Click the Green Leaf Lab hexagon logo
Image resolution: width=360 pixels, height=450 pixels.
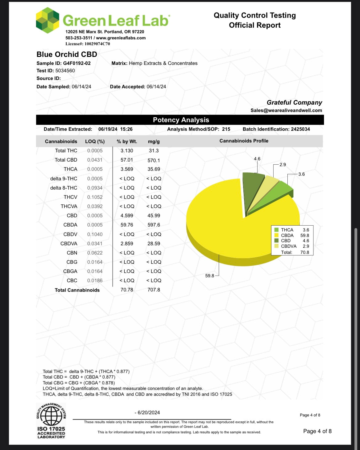[x=48, y=20]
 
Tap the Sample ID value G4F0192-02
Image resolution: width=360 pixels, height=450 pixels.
[x=77, y=63]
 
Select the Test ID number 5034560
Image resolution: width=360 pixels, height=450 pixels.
[x=65, y=70]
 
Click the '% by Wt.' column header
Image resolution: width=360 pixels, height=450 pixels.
[x=127, y=141]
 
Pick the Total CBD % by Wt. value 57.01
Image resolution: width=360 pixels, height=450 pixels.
[x=127, y=160]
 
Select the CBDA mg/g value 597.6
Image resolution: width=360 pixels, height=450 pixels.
[x=154, y=225]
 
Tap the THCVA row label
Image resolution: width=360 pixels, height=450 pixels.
[x=69, y=206]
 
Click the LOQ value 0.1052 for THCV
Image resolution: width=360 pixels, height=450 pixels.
[x=95, y=197]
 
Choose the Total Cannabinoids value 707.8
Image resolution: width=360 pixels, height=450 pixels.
[x=154, y=290]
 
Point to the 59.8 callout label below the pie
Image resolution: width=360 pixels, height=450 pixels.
[x=210, y=276]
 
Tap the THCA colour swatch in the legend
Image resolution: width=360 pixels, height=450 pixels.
[x=276, y=230]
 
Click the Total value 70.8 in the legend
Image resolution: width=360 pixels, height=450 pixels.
[x=305, y=252]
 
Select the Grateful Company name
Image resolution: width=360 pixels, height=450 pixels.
[x=294, y=102]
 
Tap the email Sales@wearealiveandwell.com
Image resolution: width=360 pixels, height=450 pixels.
[x=286, y=110]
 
